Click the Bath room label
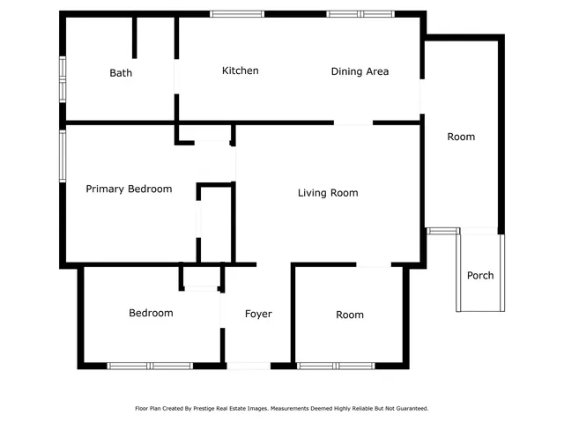tap(121, 73)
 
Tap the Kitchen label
tap(240, 70)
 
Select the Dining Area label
tap(360, 71)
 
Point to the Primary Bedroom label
tap(129, 189)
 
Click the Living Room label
tap(328, 193)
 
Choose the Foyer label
tap(258, 314)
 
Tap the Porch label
tap(480, 276)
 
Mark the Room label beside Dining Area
tap(461, 137)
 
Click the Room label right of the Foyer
tap(350, 315)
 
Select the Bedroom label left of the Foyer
tap(151, 313)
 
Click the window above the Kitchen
tap(237, 14)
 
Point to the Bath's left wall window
tap(63, 81)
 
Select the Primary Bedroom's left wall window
tap(63, 156)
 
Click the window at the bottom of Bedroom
tap(150, 365)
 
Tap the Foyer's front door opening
tap(249, 365)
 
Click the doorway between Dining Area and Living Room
tap(352, 123)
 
